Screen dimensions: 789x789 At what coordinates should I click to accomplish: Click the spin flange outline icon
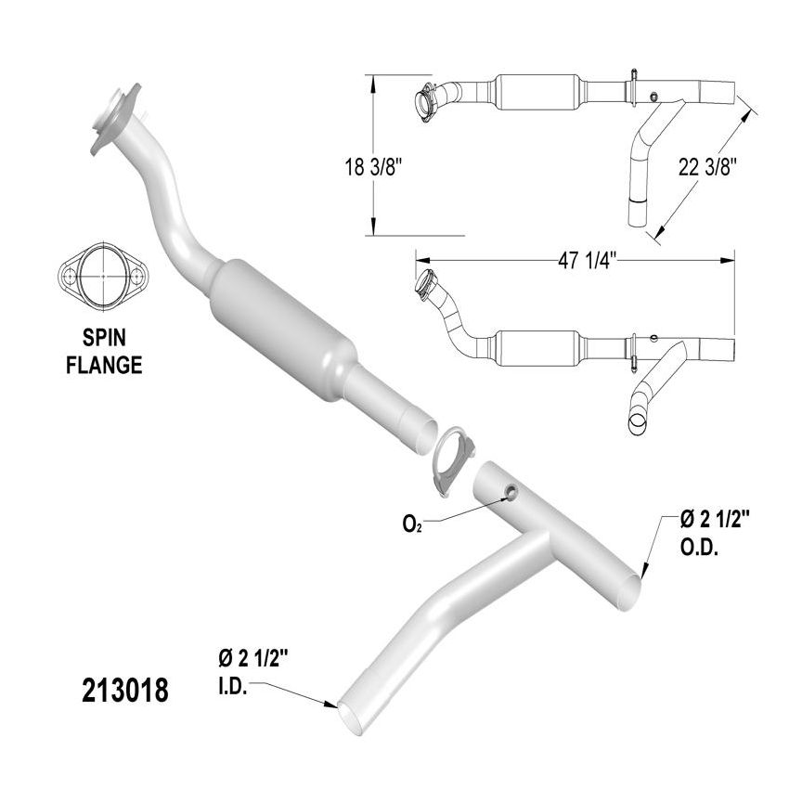tap(103, 278)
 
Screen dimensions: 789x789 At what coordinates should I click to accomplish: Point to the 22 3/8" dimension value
tap(707, 167)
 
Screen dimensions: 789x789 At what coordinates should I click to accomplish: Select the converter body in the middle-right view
tap(537, 349)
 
